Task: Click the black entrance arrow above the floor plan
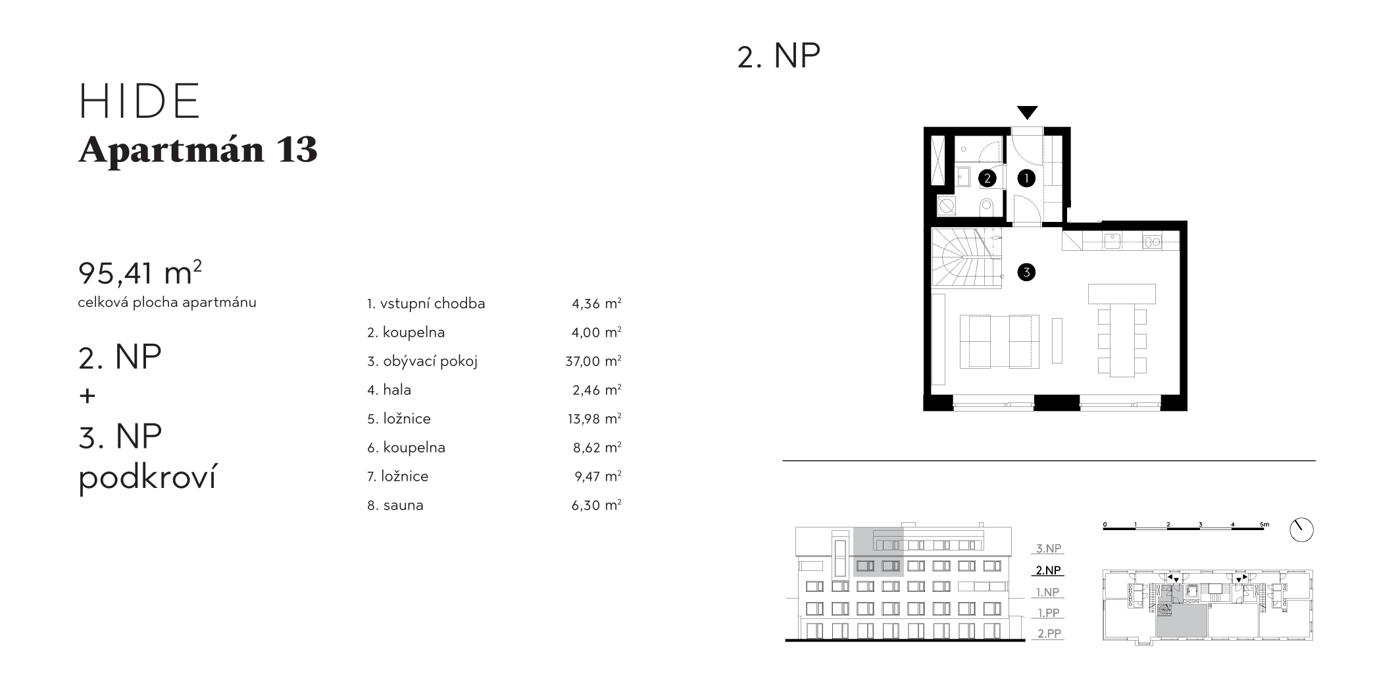[1027, 113]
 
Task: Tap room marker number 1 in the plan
[1026, 178]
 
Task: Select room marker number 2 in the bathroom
[987, 178]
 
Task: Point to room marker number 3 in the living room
[1026, 271]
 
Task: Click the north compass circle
[1301, 530]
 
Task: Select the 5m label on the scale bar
[1264, 525]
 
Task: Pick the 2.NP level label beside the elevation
[1048, 570]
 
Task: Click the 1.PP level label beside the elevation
[1048, 612]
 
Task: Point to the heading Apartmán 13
[198, 150]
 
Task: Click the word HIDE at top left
[139, 101]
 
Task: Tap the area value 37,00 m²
[593, 361]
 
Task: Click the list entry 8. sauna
[395, 505]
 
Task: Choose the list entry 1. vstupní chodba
[426, 304]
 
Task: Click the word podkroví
[147, 477]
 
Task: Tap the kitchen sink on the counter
[1112, 241]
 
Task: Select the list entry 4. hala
[389, 390]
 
